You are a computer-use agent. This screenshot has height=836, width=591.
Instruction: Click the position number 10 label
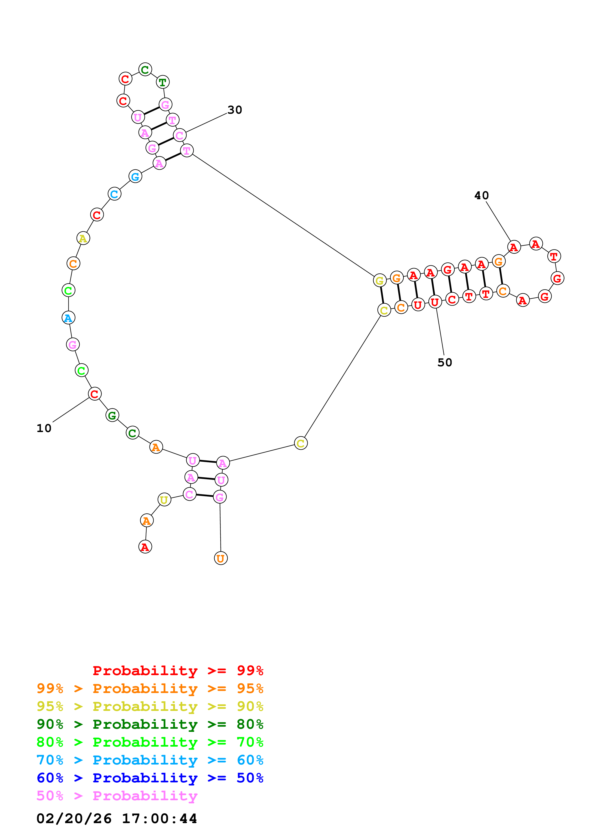(x=44, y=428)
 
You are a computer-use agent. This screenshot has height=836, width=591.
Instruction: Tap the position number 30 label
(x=235, y=110)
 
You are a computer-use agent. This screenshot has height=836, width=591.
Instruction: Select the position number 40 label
(x=481, y=195)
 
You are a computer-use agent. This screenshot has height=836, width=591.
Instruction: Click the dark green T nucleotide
(x=162, y=82)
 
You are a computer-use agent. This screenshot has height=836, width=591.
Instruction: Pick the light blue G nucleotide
(x=135, y=177)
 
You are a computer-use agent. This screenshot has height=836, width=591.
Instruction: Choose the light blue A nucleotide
(x=68, y=318)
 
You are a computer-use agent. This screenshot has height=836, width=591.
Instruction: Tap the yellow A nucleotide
(x=83, y=239)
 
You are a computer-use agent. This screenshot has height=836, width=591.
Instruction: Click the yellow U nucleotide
(x=164, y=500)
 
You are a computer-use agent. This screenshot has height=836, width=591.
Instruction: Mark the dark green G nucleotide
(x=112, y=415)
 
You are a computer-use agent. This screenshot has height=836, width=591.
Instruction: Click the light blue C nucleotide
(x=114, y=194)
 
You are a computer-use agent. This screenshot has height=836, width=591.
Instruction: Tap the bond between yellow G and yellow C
(x=382, y=295)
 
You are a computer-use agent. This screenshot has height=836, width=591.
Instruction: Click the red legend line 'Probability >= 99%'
(x=178, y=671)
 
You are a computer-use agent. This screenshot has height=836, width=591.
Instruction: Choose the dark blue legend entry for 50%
(x=150, y=778)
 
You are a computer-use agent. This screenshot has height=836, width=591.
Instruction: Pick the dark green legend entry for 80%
(x=150, y=724)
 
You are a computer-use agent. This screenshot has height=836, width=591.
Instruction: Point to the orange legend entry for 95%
(x=150, y=688)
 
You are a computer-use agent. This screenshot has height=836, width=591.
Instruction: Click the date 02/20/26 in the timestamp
(x=74, y=819)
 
